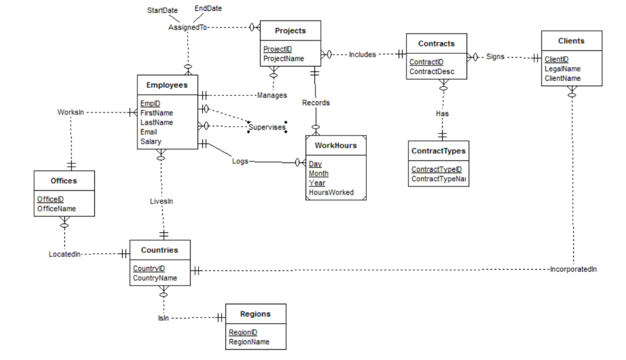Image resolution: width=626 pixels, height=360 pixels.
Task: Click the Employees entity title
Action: click(x=167, y=85)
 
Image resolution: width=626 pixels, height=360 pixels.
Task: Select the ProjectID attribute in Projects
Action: click(x=278, y=50)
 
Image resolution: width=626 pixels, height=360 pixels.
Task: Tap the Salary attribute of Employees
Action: click(x=151, y=141)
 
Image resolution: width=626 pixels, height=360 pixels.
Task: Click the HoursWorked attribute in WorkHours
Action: click(x=331, y=193)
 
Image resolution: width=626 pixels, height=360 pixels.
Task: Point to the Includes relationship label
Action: click(x=362, y=54)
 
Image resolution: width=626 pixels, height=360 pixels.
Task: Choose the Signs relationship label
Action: click(x=495, y=57)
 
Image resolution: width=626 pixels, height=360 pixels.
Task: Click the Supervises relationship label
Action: click(x=267, y=127)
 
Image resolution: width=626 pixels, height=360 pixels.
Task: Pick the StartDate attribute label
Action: click(x=162, y=10)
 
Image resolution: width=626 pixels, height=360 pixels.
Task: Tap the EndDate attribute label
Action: click(x=208, y=9)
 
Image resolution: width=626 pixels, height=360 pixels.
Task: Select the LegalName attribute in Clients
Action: click(x=562, y=69)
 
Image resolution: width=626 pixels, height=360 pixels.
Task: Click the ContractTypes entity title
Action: click(x=438, y=151)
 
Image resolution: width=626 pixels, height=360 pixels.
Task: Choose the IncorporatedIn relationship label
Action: click(x=573, y=269)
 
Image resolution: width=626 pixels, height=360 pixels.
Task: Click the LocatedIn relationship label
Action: click(x=64, y=254)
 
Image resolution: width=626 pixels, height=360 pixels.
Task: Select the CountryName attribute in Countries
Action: click(x=155, y=278)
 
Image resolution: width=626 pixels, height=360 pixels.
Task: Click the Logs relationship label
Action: click(x=240, y=161)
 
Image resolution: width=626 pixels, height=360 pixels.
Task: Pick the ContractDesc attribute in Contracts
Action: click(x=431, y=72)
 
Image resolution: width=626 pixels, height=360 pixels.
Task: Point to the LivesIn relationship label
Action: click(x=161, y=201)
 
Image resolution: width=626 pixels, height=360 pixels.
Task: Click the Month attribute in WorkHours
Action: click(x=319, y=174)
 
